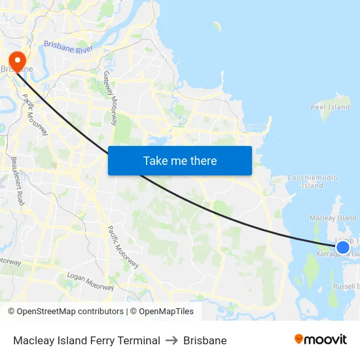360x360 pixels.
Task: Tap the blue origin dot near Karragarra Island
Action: [x=342, y=247]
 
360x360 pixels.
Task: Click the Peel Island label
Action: [x=330, y=107]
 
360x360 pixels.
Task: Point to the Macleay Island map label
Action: [x=333, y=218]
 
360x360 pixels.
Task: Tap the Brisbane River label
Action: [x=68, y=47]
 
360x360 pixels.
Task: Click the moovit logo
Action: [x=320, y=340]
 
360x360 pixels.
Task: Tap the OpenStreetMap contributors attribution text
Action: [x=65, y=312]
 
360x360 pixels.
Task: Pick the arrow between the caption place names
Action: [x=171, y=340]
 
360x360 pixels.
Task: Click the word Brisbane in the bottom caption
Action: [x=205, y=340]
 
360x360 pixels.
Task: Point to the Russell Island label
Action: [x=345, y=286]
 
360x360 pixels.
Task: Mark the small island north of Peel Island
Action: [x=217, y=26]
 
